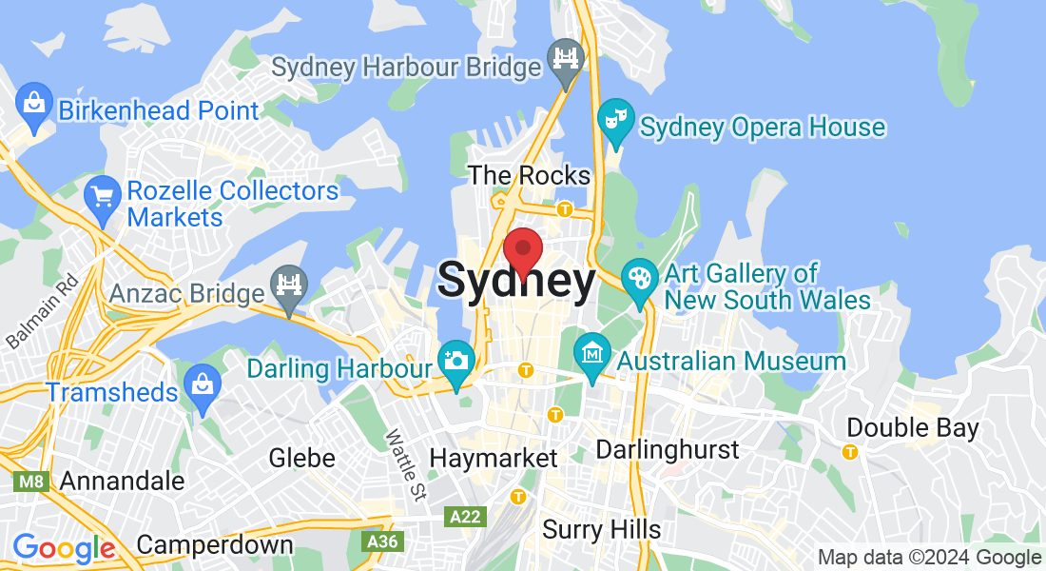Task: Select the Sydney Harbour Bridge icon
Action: point(566,62)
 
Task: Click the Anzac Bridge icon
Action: point(288,287)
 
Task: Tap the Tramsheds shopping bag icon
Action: point(203,386)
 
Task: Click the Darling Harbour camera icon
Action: point(456,363)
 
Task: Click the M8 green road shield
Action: point(30,482)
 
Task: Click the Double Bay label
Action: point(912,428)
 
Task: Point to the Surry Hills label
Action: point(601,529)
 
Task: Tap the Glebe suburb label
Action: point(302,458)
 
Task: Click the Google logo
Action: point(64,549)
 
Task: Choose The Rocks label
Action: point(530,175)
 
